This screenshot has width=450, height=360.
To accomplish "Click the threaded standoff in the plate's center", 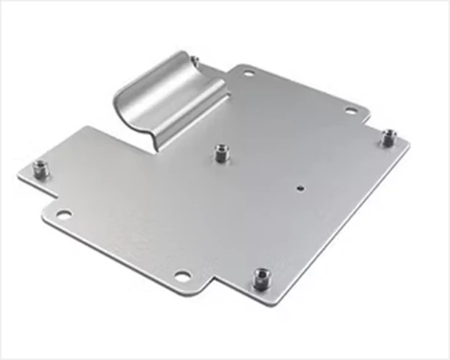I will (x=220, y=153).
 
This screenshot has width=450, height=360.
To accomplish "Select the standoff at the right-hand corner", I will (x=388, y=138).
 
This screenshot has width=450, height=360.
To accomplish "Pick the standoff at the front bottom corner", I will (x=261, y=278).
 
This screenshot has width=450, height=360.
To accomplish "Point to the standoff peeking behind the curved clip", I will (x=193, y=60).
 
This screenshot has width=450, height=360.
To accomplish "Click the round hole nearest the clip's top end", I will (x=249, y=73).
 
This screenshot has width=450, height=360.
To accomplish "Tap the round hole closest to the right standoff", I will (x=350, y=111).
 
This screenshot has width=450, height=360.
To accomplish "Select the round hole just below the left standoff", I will (x=64, y=214).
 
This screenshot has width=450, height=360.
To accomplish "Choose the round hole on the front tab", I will (x=182, y=274).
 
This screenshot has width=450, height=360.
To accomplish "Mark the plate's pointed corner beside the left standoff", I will (x=18, y=178).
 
